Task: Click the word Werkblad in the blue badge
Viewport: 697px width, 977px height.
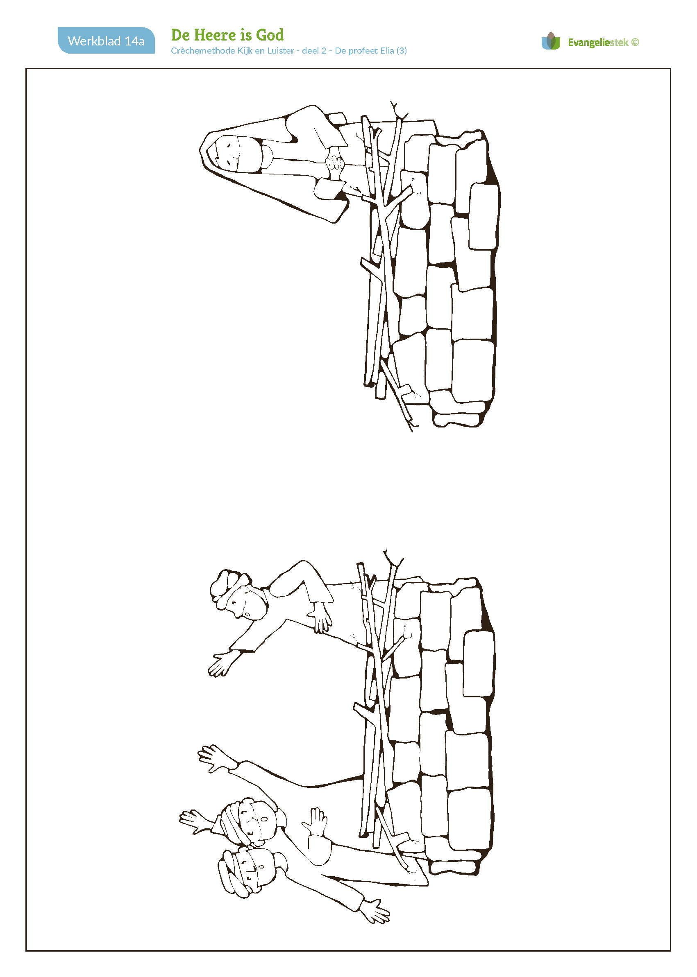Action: pos(94,41)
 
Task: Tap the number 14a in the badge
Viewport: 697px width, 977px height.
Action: pos(134,41)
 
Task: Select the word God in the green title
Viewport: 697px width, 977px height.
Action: pos(270,35)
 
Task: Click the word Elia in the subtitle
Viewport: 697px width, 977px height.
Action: pos(387,51)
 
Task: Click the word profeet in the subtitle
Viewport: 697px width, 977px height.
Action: pos(363,51)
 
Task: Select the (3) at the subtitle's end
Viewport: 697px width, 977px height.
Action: pos(402,51)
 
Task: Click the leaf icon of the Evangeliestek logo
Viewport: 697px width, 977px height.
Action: pos(551,41)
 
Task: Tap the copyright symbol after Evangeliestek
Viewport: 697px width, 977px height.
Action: pos(635,42)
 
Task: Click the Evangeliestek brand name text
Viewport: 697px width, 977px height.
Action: pos(598,43)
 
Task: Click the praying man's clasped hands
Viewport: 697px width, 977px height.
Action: pos(335,163)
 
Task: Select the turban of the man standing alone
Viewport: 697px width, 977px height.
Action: pos(226,588)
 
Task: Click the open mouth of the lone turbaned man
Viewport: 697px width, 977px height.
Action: pos(248,614)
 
